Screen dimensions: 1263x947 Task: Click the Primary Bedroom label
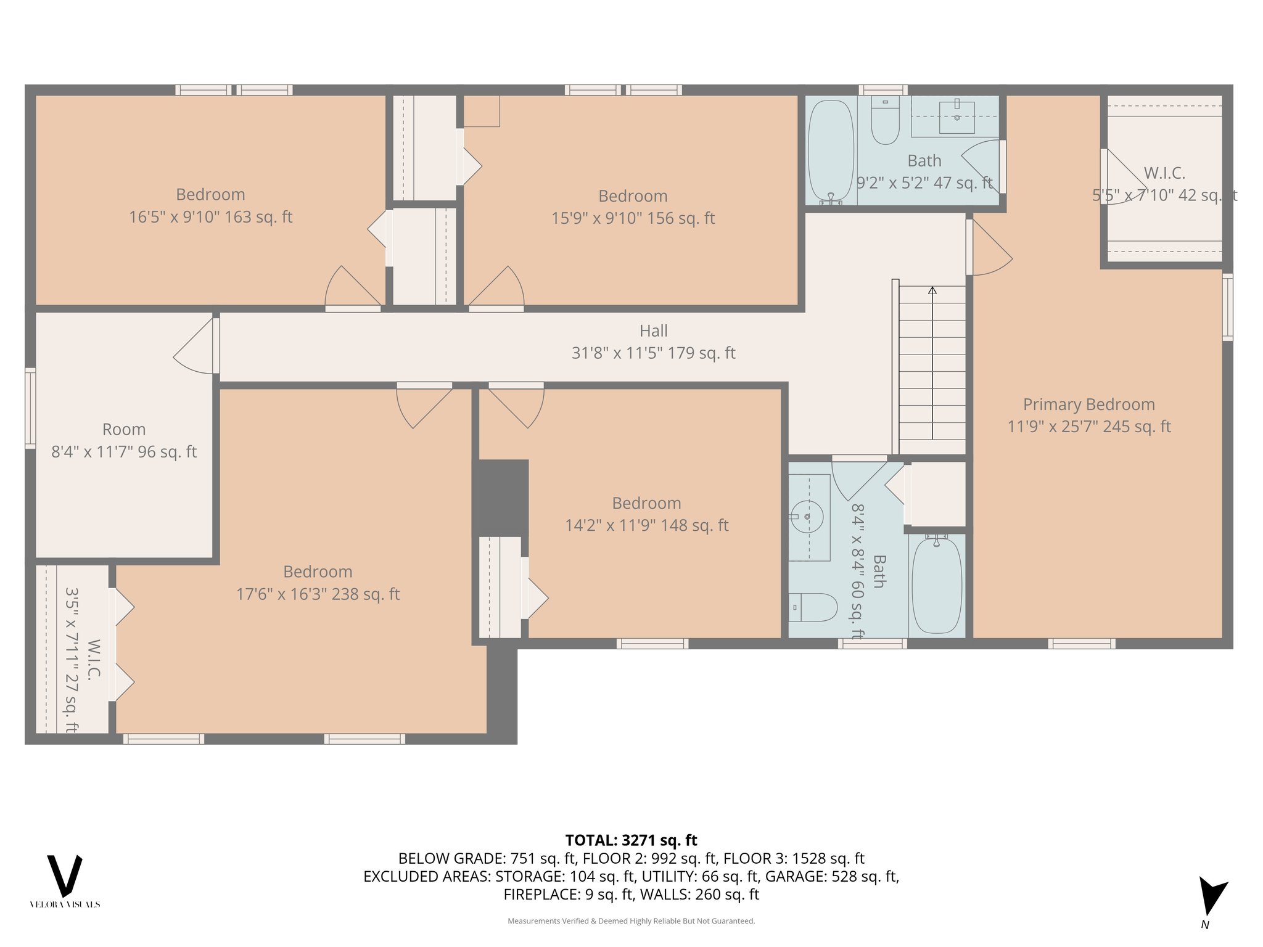click(x=1088, y=404)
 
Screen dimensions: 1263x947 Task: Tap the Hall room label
click(x=654, y=331)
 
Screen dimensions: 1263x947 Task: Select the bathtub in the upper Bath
click(x=831, y=152)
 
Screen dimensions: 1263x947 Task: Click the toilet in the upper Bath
click(x=885, y=121)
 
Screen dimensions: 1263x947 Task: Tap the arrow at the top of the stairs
click(x=932, y=290)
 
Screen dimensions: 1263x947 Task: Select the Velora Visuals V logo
click(x=65, y=876)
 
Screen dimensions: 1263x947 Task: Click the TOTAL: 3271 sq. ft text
click(x=631, y=840)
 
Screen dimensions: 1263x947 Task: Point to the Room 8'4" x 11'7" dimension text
click(x=124, y=452)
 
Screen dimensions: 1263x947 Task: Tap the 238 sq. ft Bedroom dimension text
click(x=318, y=594)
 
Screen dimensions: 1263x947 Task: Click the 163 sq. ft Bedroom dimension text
click(x=211, y=217)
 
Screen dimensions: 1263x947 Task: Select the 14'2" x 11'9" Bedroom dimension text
click(x=647, y=525)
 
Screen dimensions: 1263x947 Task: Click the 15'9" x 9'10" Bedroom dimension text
click(x=633, y=218)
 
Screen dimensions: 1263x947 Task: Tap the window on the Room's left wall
click(x=30, y=408)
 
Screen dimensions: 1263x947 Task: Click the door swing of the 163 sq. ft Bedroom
click(x=353, y=286)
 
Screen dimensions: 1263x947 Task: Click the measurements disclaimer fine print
click(x=631, y=921)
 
